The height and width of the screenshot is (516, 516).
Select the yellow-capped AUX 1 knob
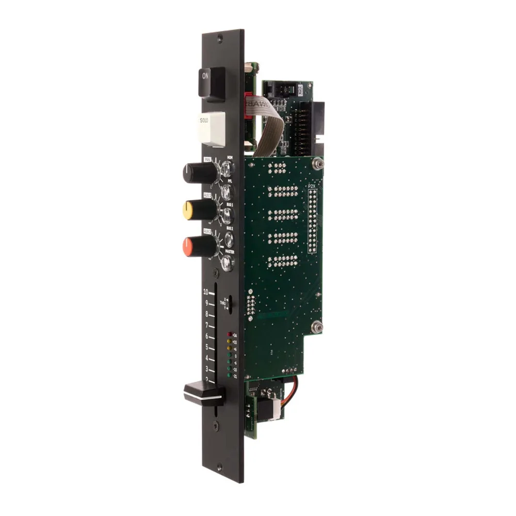coord(199,209)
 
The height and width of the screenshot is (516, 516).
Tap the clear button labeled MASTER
coord(227,263)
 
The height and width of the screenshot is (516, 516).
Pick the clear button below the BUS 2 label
coord(227,239)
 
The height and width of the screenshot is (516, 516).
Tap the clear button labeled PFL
coord(227,191)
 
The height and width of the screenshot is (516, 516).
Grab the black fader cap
coord(203,393)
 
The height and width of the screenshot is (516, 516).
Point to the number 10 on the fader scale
coord(206,292)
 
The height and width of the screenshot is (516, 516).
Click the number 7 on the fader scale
coord(206,325)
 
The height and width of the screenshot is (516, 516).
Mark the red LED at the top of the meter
coord(229,334)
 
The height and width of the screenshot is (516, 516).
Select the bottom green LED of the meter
coord(229,377)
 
